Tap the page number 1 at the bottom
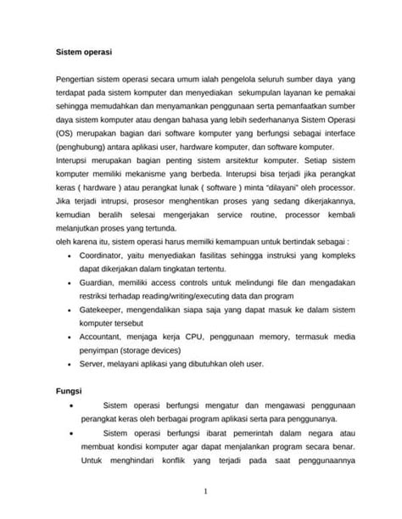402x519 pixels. [205, 491]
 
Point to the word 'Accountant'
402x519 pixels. [101, 338]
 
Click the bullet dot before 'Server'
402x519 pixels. [66, 365]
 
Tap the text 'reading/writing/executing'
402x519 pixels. [198, 297]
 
